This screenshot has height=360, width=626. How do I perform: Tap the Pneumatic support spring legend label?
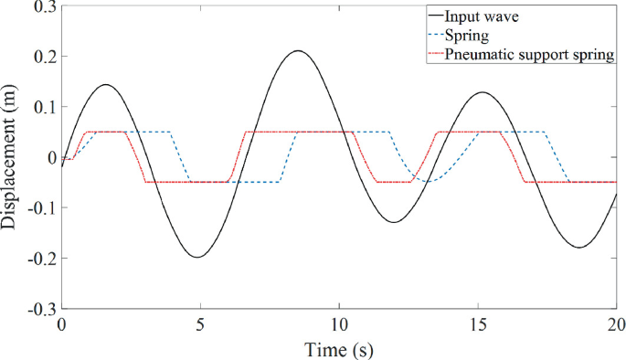tap(529, 56)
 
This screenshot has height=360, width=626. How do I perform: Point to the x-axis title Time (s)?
tap(339, 348)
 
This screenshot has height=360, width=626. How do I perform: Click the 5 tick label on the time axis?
tap(200, 325)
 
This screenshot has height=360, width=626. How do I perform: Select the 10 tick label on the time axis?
tap(339, 325)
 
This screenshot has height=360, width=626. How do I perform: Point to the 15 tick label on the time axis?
tap(478, 325)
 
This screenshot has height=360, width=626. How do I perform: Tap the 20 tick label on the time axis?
tap(615, 325)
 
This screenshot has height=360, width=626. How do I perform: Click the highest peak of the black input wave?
tap(298, 51)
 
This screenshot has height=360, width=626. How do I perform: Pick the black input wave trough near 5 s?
tap(196, 257)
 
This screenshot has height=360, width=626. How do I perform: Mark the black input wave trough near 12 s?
tap(393, 222)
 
